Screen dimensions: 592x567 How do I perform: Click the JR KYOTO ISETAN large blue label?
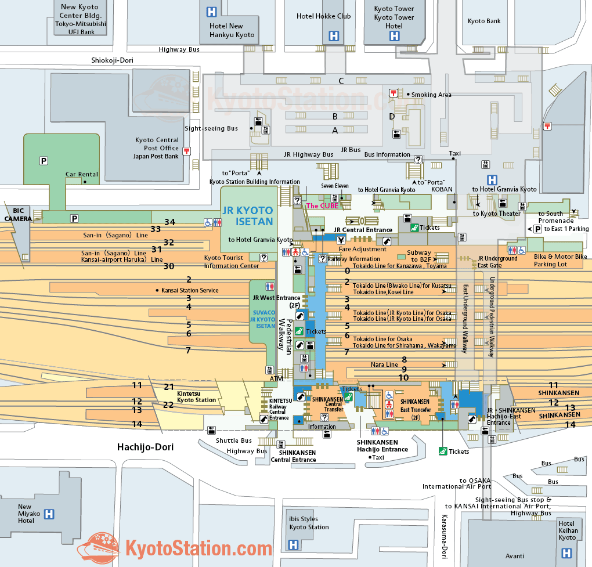[248, 216]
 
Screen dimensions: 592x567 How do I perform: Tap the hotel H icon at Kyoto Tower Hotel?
[394, 36]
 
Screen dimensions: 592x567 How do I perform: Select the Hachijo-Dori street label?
[145, 447]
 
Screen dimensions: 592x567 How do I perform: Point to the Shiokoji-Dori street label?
[112, 60]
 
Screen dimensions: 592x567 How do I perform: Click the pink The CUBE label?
[322, 206]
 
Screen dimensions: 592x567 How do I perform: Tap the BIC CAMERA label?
[18, 215]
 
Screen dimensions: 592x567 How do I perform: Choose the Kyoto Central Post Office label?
[157, 144]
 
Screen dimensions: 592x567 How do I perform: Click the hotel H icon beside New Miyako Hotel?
[49, 514]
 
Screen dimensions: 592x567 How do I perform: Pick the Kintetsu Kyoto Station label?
[196, 397]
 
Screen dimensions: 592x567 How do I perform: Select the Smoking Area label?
[431, 95]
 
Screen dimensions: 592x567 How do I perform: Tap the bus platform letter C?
[341, 81]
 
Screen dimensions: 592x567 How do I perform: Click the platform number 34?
[170, 222]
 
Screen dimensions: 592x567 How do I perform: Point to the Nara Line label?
[384, 364]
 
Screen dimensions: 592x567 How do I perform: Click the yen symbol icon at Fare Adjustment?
[341, 240]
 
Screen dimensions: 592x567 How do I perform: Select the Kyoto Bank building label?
[484, 21]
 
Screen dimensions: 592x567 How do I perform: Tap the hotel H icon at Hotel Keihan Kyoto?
[566, 553]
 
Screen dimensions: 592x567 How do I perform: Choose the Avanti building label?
[515, 556]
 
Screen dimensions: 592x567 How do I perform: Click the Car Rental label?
[82, 175]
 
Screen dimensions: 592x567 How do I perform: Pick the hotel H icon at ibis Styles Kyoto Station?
[293, 545]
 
